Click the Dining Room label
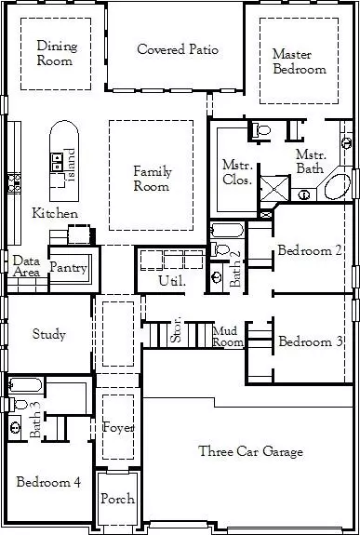56,53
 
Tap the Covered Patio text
178,49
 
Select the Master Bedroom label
299,61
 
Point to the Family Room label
152,179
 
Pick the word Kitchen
55,214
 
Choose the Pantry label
69,269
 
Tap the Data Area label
26,267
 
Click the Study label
48,335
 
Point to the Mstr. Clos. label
236,172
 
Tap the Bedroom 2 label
310,251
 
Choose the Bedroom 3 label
311,342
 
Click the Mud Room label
228,336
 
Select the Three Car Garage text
250,452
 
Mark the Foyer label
118,428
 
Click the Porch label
117,500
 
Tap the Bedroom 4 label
48,482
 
